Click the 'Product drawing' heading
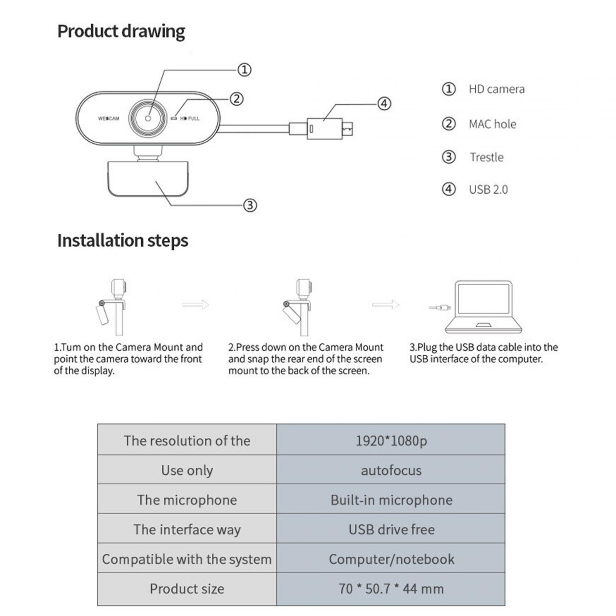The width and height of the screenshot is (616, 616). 121,32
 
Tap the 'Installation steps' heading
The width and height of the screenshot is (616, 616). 122,241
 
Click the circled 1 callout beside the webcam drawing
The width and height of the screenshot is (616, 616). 244,70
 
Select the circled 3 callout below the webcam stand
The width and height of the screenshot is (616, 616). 250,205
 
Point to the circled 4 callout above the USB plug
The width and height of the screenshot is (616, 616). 384,104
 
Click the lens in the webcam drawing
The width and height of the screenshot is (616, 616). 148,118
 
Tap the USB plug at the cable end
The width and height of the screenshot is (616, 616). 330,129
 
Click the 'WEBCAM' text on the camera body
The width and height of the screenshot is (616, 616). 109,119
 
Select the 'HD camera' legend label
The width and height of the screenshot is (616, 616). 496,89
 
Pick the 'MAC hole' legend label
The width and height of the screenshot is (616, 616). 492,124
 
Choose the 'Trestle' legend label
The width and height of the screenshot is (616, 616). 486,157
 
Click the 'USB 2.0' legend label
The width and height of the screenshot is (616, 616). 488,189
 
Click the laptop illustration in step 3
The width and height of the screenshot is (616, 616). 484,307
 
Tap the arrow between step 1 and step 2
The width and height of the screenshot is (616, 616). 196,305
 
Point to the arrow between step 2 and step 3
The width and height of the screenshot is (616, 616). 385,305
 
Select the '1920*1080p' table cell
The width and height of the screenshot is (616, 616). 391,440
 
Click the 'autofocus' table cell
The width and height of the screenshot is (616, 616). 391,470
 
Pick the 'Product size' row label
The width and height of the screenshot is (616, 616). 187,589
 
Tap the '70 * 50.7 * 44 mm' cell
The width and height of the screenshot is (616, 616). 391,589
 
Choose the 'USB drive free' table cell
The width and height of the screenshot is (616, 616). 391,529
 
